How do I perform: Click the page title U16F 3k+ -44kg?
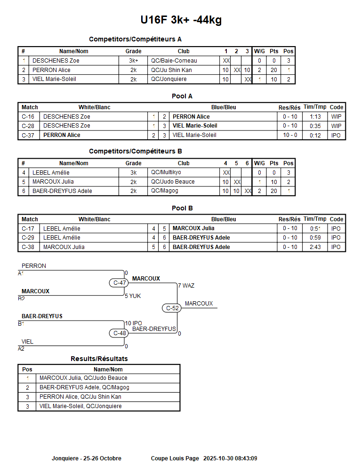point(181,20)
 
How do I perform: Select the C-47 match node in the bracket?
point(120,283)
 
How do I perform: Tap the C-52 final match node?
point(173,308)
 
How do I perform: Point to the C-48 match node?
point(120,333)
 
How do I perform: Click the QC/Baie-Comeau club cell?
point(174,61)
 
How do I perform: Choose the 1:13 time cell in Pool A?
point(315,117)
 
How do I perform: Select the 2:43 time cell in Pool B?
point(315,247)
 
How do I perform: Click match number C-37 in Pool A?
point(28,135)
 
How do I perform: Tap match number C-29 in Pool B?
point(28,238)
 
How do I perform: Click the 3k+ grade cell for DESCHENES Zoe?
point(134,61)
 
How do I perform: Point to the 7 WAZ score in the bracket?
point(186,286)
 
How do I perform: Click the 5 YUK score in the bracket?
point(133,296)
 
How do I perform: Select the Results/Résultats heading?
point(99,359)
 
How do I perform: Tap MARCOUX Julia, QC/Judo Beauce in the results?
point(83,378)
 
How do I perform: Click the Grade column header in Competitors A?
point(134,51)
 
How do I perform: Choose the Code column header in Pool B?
point(336,219)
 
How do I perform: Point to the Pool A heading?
point(182,96)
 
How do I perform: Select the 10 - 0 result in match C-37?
point(290,135)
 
